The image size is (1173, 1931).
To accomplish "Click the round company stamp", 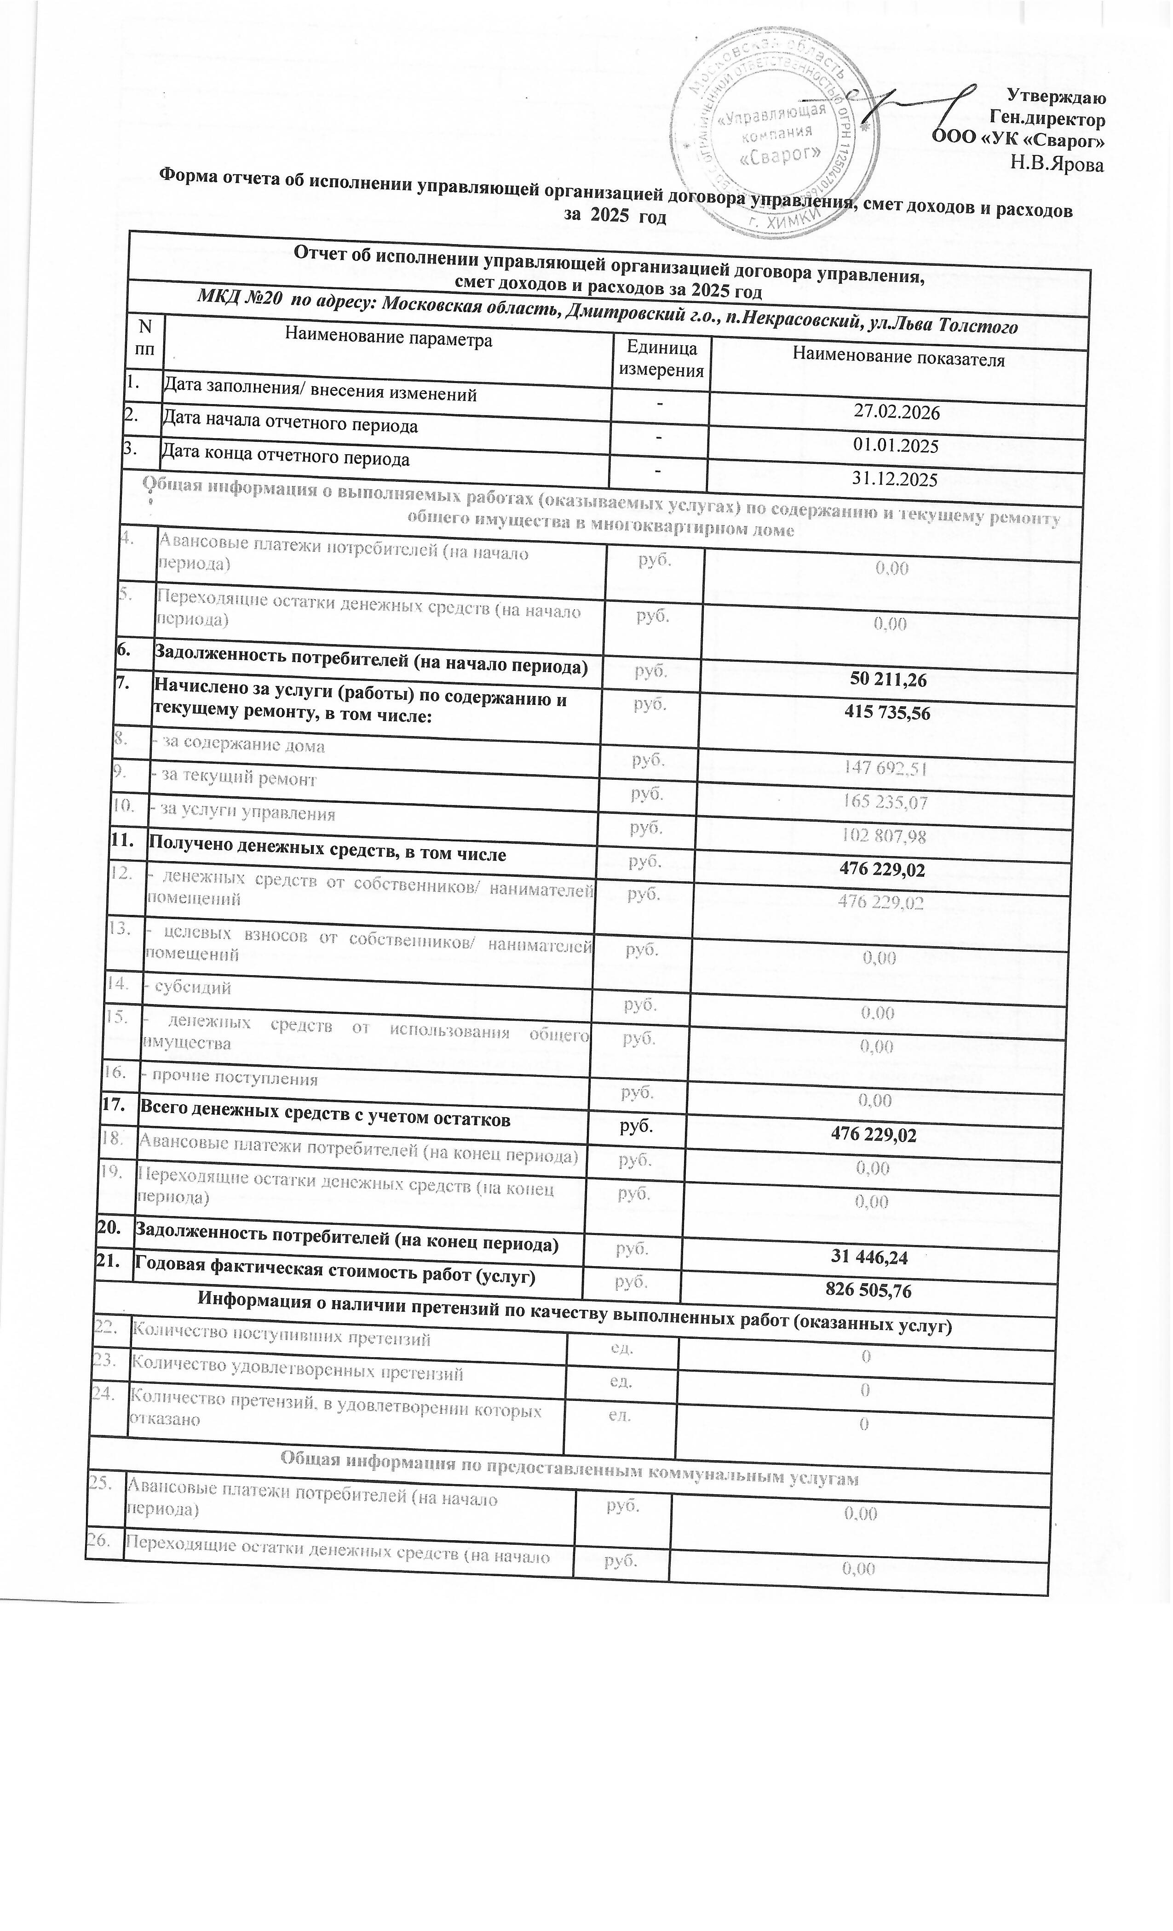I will [x=772, y=133].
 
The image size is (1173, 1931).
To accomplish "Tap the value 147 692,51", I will [x=885, y=768].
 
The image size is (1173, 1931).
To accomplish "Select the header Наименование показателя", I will [x=898, y=359].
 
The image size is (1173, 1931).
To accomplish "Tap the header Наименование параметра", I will [x=388, y=339].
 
